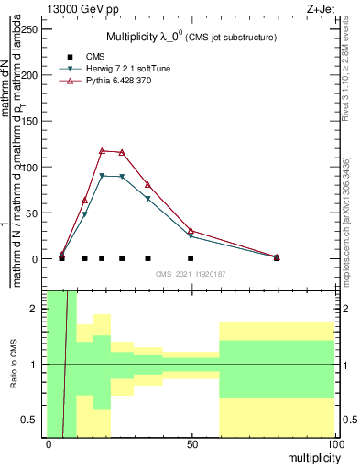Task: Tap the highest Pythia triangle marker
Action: [x=102, y=150]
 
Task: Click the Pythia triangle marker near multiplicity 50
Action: [x=191, y=230]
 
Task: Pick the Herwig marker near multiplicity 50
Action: [x=191, y=236]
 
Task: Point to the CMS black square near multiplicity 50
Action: [x=191, y=258]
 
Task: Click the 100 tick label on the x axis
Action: [x=334, y=443]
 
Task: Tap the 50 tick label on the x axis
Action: [x=191, y=443]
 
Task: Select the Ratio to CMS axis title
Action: [x=15, y=365]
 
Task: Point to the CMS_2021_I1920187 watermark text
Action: [x=191, y=273]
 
